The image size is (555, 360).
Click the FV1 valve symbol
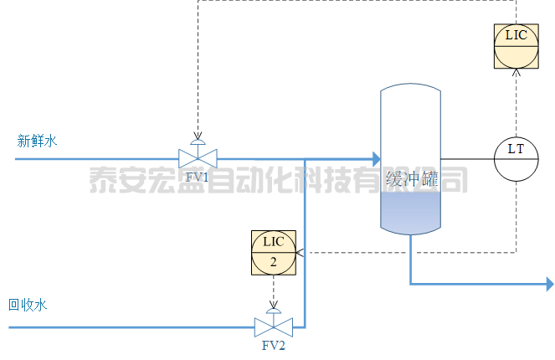click(x=198, y=157)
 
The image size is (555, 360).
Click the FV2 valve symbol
click(x=274, y=326)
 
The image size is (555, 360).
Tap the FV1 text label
click(x=198, y=177)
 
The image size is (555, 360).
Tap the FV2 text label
click(x=274, y=346)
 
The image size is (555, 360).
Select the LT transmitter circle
click(x=516, y=158)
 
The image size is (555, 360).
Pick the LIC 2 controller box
click(x=274, y=251)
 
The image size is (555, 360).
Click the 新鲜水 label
click(x=37, y=141)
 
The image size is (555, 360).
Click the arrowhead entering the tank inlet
click(x=374, y=158)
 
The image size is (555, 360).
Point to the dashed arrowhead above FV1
click(x=198, y=136)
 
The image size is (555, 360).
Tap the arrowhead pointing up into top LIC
click(x=516, y=73)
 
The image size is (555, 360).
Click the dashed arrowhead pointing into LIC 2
click(x=300, y=251)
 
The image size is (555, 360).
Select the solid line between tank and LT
click(x=465, y=158)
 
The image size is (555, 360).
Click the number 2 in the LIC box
click(x=274, y=261)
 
